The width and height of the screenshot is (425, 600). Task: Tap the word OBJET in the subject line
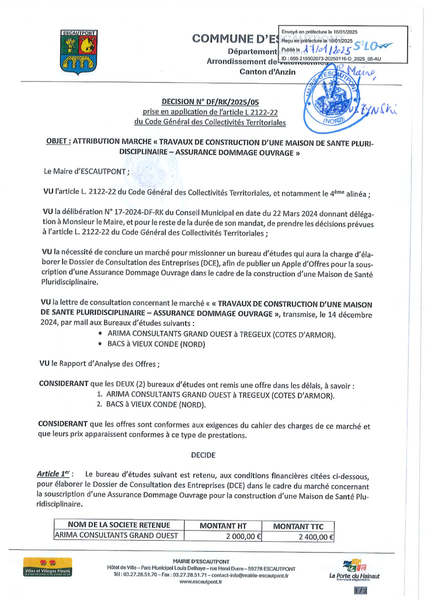click(x=57, y=142)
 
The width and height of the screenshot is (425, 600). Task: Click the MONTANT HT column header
click(x=223, y=525)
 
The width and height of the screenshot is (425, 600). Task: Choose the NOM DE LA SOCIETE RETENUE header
click(x=119, y=525)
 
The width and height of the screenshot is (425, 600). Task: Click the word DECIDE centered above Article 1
click(x=203, y=455)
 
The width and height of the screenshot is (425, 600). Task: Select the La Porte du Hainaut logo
click(x=354, y=570)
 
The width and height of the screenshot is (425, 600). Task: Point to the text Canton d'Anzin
click(x=268, y=71)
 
